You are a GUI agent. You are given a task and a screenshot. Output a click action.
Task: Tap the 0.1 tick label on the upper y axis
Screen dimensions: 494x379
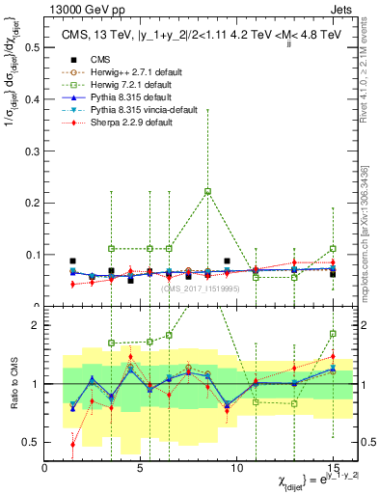(35, 255)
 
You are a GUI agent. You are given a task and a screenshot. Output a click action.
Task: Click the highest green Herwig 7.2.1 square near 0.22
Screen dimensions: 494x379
(207, 191)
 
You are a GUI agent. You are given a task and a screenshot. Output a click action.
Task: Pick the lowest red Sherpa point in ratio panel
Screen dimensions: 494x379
(73, 444)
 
